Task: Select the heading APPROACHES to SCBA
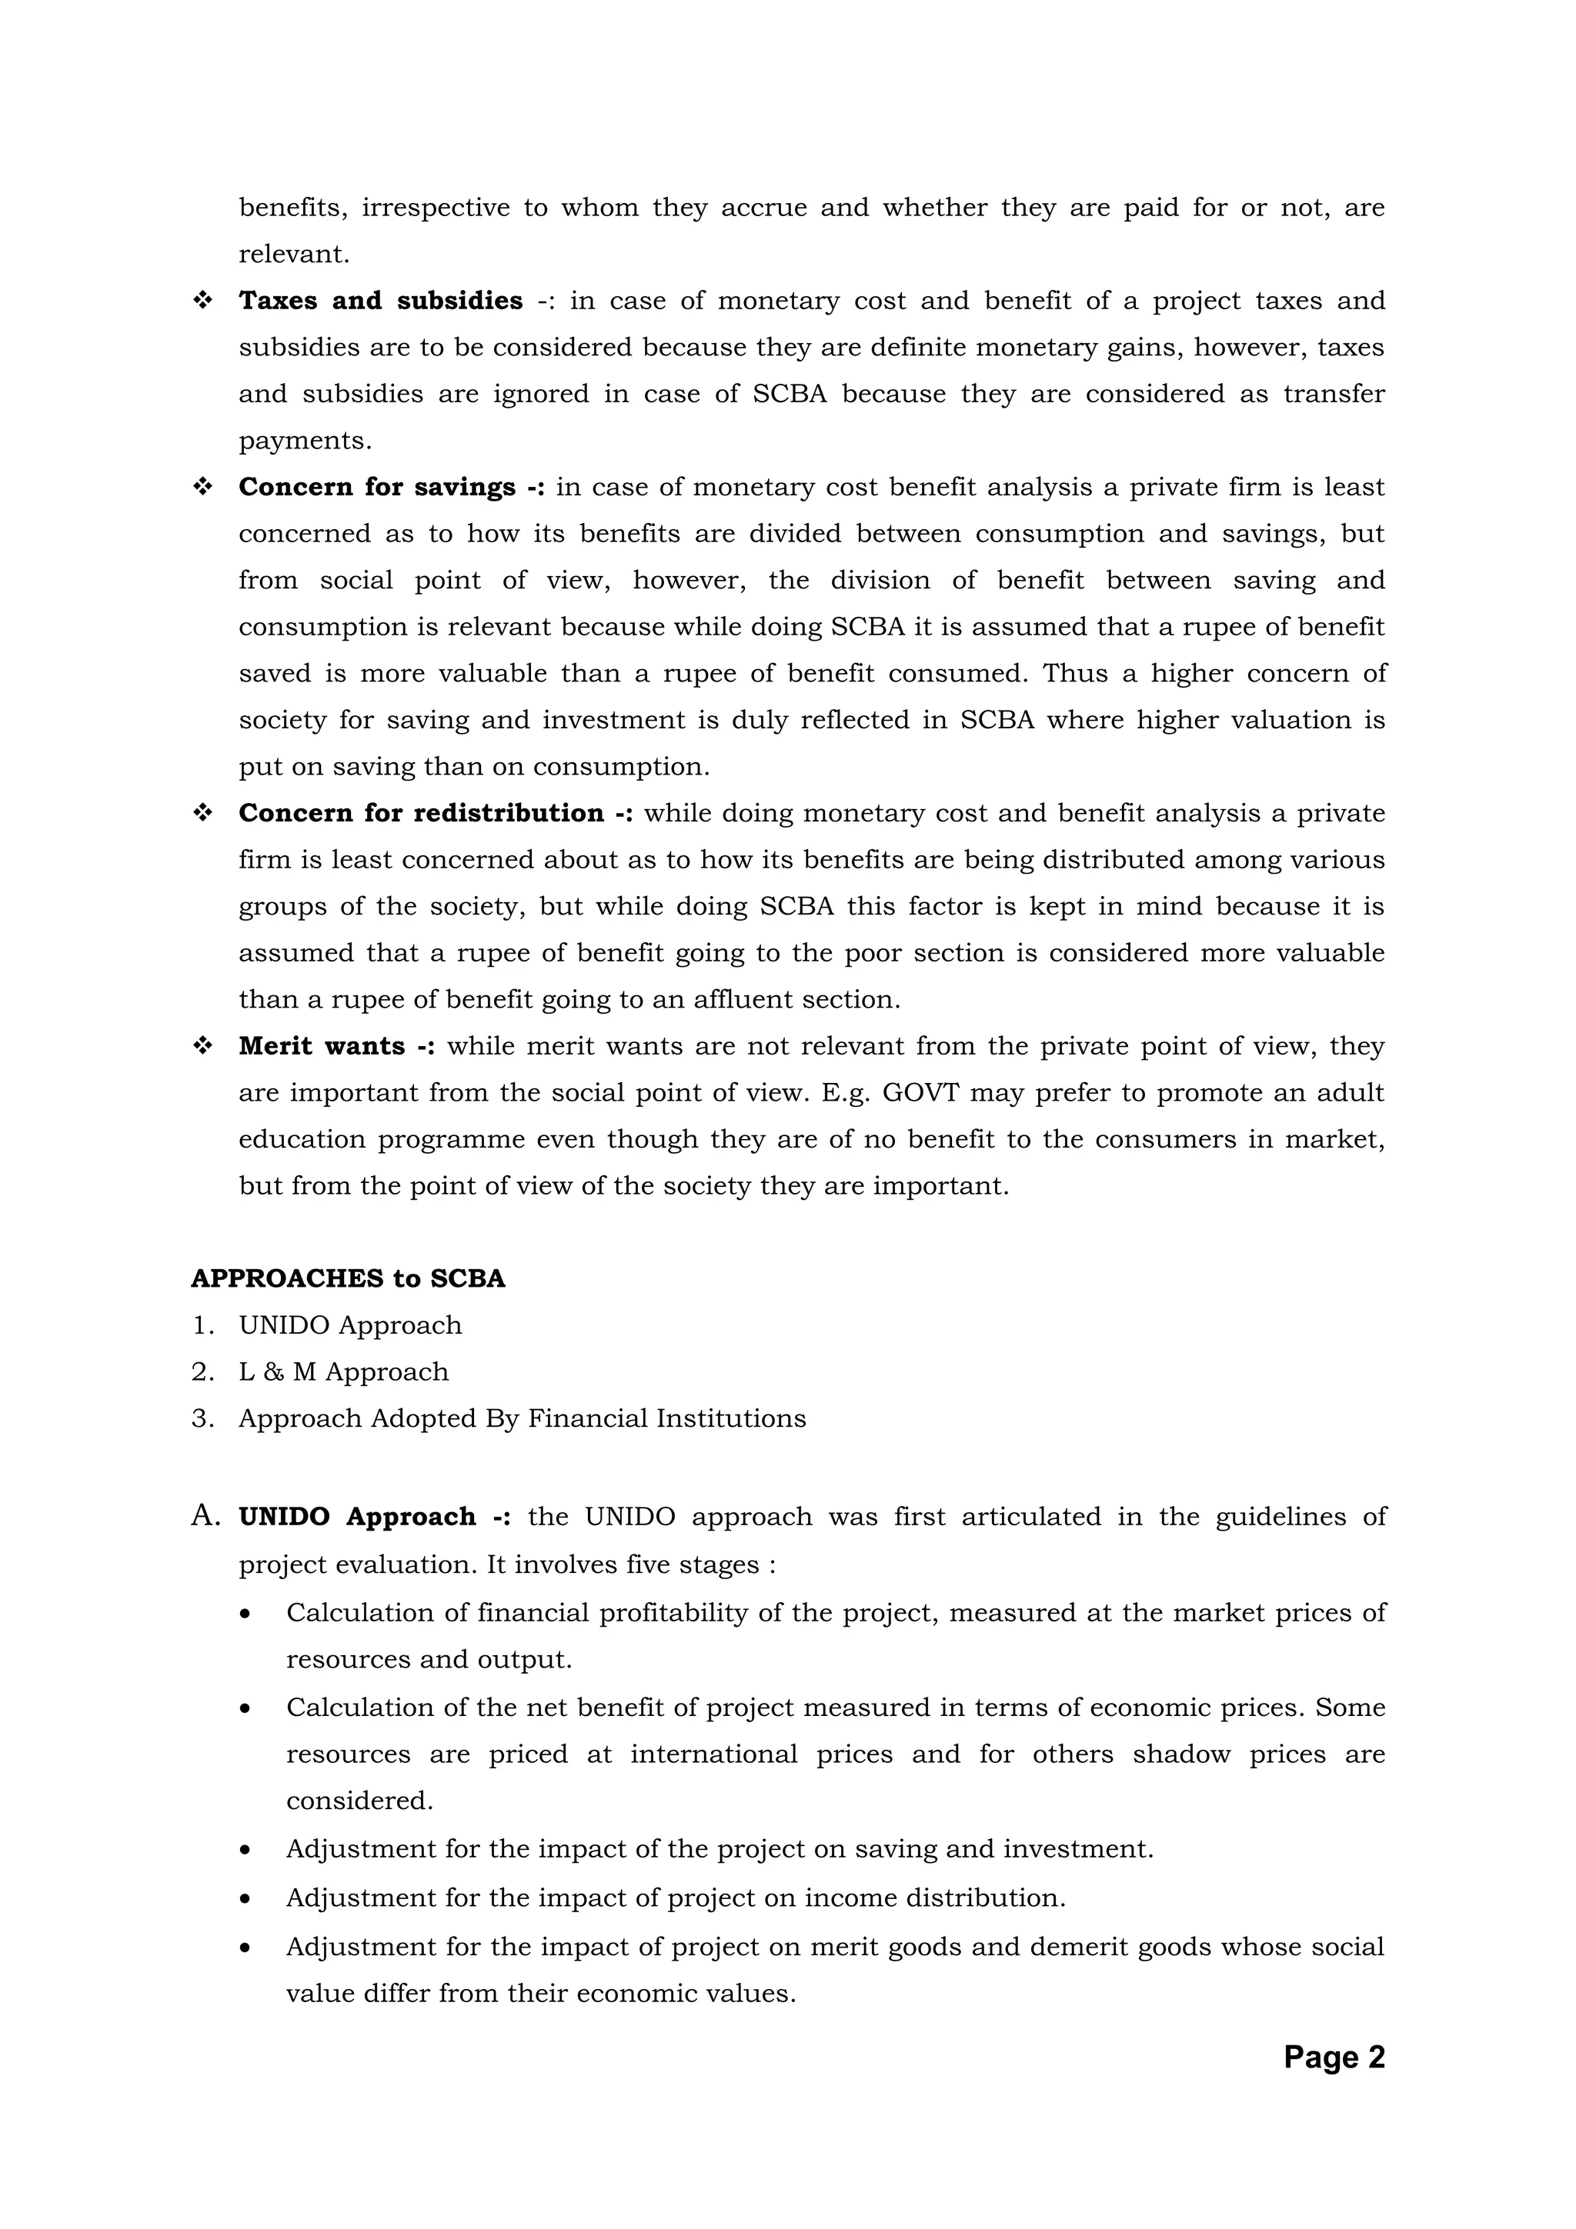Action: point(348,1278)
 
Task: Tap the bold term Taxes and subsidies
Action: point(381,301)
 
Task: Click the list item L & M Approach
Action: point(344,1371)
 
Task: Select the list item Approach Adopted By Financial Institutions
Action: point(523,1418)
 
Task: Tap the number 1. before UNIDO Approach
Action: point(202,1325)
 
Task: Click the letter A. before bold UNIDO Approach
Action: point(206,1517)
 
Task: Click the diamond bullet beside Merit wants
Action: point(203,1047)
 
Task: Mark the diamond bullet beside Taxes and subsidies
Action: point(203,301)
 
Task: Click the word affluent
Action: point(745,1000)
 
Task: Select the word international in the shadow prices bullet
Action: point(713,1754)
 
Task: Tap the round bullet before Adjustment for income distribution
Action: point(245,1898)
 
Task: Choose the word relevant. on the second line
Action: point(294,255)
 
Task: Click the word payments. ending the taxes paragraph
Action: point(305,441)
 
